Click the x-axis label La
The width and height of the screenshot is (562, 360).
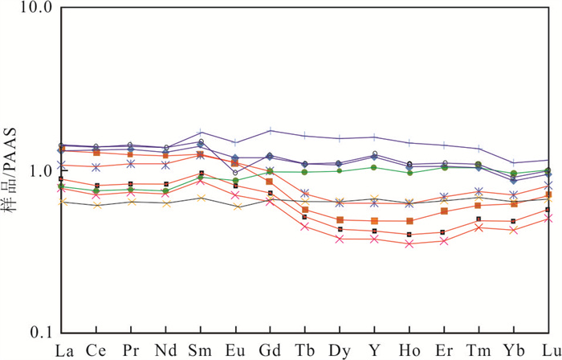(x=62, y=350)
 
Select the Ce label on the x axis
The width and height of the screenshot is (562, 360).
(x=96, y=350)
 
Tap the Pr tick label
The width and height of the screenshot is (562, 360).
(x=131, y=350)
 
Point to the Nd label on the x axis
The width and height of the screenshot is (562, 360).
(x=166, y=350)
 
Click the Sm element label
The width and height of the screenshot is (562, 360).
(x=201, y=350)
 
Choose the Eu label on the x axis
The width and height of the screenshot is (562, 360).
(x=235, y=350)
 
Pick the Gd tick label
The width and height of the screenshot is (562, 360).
(x=271, y=350)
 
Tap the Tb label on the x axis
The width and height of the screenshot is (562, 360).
(x=305, y=350)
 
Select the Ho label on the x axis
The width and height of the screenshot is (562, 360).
(x=409, y=350)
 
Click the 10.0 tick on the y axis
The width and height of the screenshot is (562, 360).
(x=35, y=10)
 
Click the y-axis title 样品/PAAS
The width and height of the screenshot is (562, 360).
(x=10, y=170)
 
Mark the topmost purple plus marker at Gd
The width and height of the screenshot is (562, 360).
(x=271, y=130)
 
